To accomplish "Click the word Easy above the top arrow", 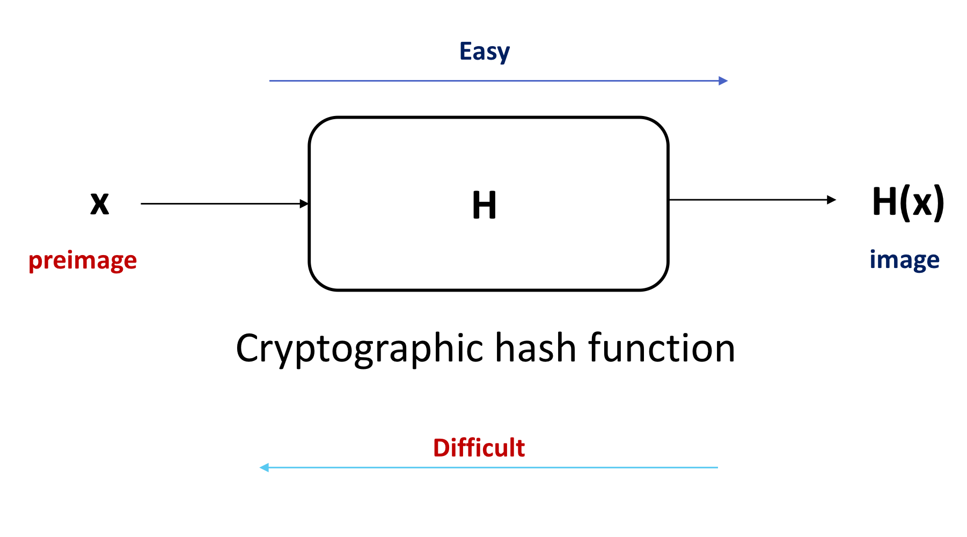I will tap(484, 52).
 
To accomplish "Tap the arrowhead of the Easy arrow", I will tap(723, 81).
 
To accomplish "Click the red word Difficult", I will tap(479, 448).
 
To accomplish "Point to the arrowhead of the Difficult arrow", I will tap(264, 468).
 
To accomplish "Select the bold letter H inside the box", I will tap(484, 205).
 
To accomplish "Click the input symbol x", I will tap(100, 204).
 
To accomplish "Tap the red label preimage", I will tap(83, 261).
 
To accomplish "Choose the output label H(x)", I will tap(908, 202).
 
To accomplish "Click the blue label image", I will tap(904, 260).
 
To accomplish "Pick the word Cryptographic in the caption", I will tap(360, 349).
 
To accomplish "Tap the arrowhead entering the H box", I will tap(305, 204).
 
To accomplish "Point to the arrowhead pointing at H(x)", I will tap(832, 200).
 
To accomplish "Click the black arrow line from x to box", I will tap(220, 204).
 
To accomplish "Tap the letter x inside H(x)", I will tap(922, 204).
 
